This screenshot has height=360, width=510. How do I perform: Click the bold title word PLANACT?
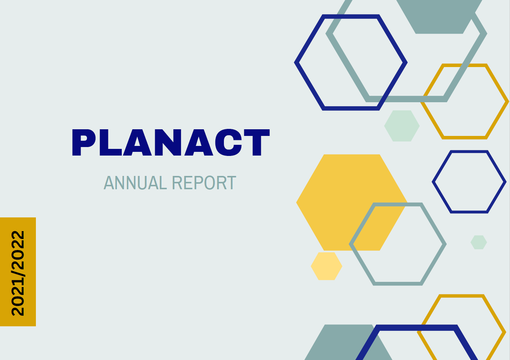pyautogui.click(x=171, y=142)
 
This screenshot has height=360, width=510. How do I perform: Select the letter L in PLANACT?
pyautogui.click(x=110, y=142)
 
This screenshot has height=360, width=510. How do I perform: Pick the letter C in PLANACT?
pyautogui.click(x=228, y=142)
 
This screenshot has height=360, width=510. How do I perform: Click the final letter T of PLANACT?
pyautogui.click(x=257, y=142)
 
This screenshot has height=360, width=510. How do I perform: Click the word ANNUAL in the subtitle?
pyautogui.click(x=135, y=183)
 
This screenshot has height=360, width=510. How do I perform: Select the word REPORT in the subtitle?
pyautogui.click(x=204, y=183)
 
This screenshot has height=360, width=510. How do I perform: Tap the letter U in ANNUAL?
pyautogui.click(x=142, y=183)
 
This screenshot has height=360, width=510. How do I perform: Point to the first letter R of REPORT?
pyautogui.click(x=177, y=183)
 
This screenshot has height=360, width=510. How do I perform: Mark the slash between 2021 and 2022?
pyautogui.click(x=18, y=273)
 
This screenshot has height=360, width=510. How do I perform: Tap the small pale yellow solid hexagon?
pyautogui.click(x=326, y=266)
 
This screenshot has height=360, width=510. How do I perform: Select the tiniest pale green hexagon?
pyautogui.click(x=479, y=242)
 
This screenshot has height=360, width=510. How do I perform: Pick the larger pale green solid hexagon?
pyautogui.click(x=402, y=126)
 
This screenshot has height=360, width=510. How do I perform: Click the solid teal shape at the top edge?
pyautogui.click(x=439, y=16)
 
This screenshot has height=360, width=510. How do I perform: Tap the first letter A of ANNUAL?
pyautogui.click(x=109, y=183)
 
